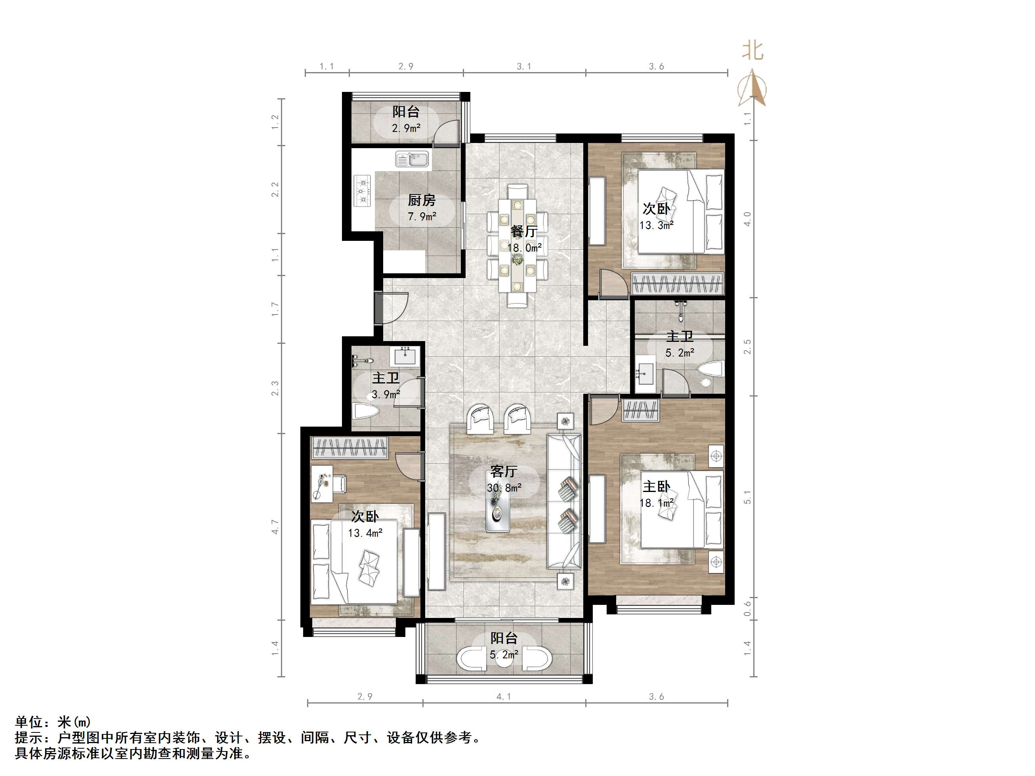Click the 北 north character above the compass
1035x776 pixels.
pyautogui.click(x=752, y=51)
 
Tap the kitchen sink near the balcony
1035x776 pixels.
pyautogui.click(x=412, y=159)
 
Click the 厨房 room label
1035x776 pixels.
pyautogui.click(x=422, y=200)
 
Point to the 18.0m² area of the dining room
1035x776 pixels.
pyautogui.click(x=525, y=248)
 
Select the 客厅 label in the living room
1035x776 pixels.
pyautogui.click(x=504, y=471)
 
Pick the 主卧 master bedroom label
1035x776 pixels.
pyautogui.click(x=656, y=486)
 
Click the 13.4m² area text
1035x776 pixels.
pyautogui.click(x=365, y=533)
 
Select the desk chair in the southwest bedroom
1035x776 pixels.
pyautogui.click(x=339, y=484)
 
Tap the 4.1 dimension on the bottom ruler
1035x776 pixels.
pyautogui.click(x=504, y=696)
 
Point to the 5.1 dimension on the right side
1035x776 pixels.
pyautogui.click(x=747, y=497)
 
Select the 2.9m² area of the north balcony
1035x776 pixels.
pyautogui.click(x=406, y=128)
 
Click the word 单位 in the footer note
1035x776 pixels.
pyautogui.click(x=29, y=722)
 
